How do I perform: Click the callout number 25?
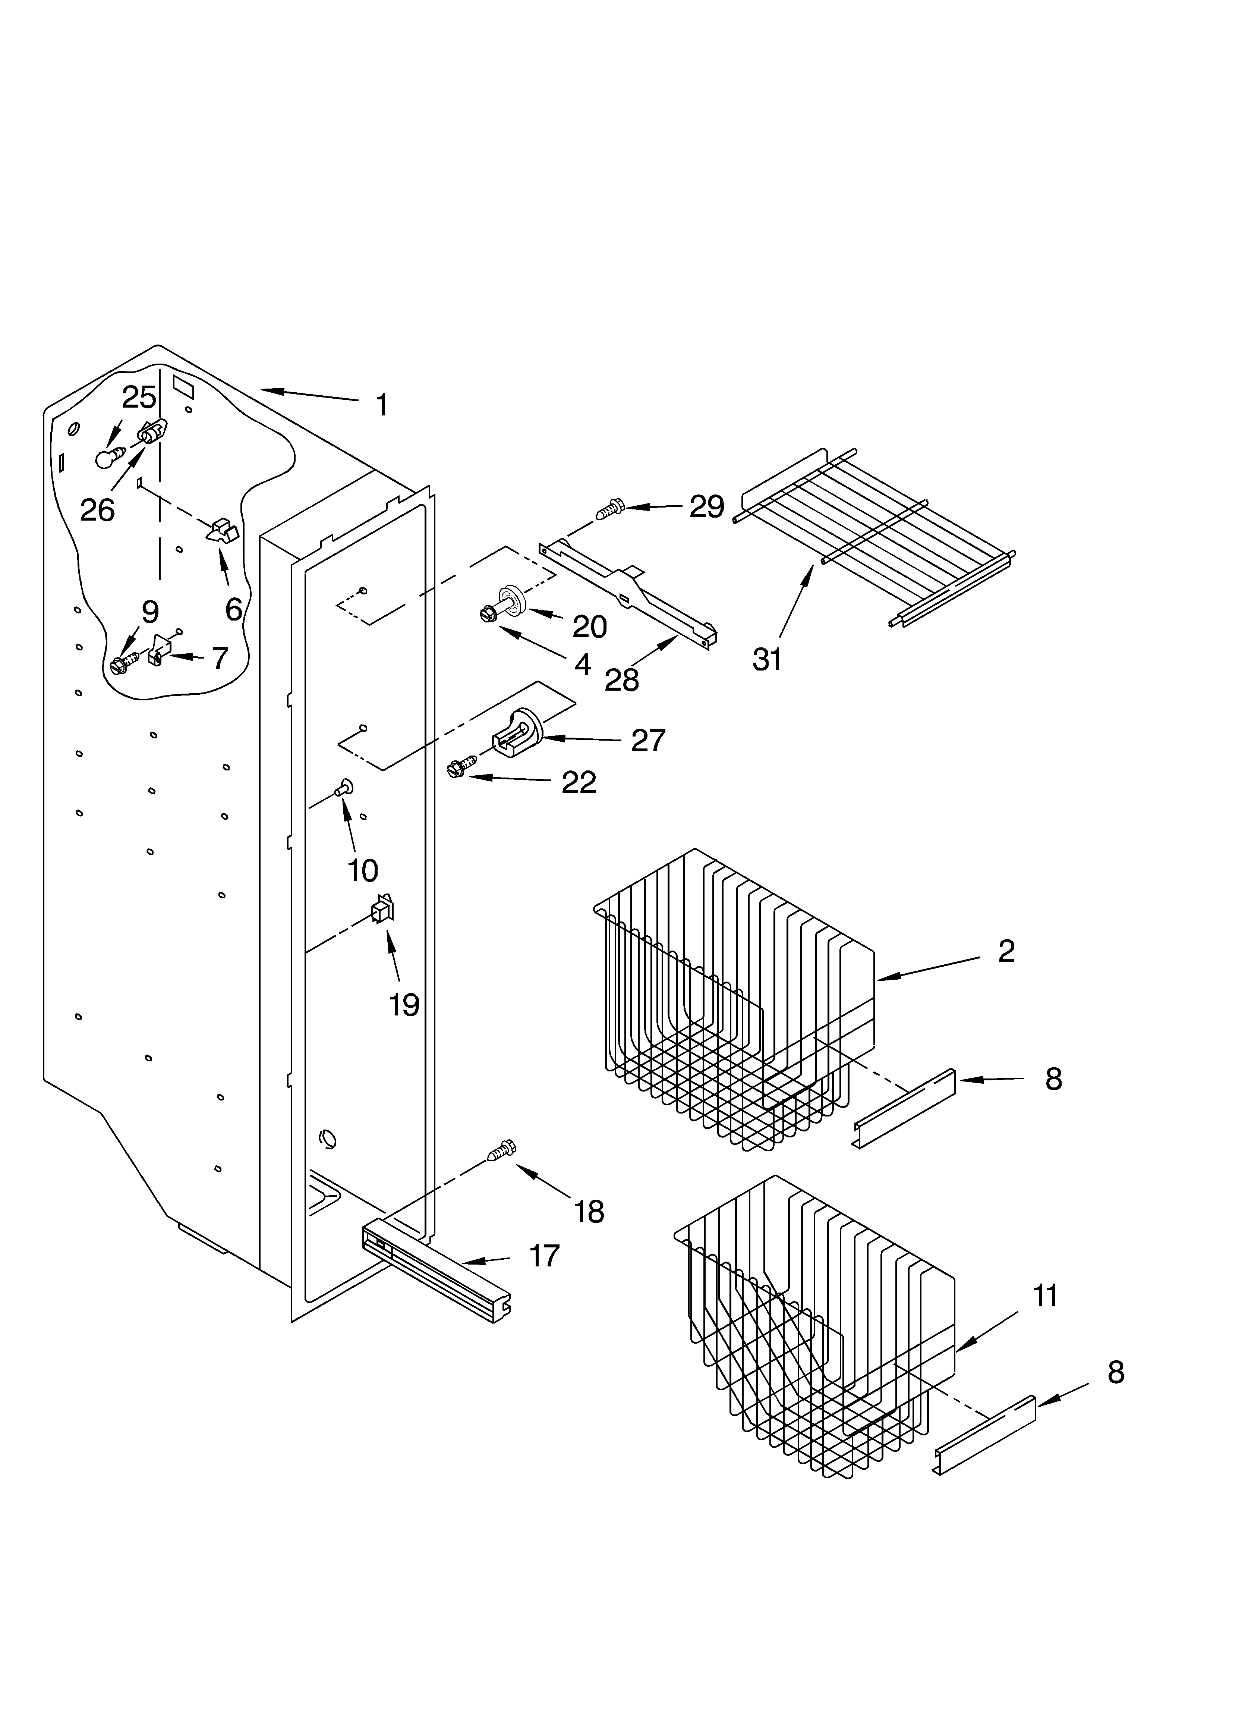pos(139,398)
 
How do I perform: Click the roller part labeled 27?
pos(519,731)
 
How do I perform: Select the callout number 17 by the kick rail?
pos(544,1256)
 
